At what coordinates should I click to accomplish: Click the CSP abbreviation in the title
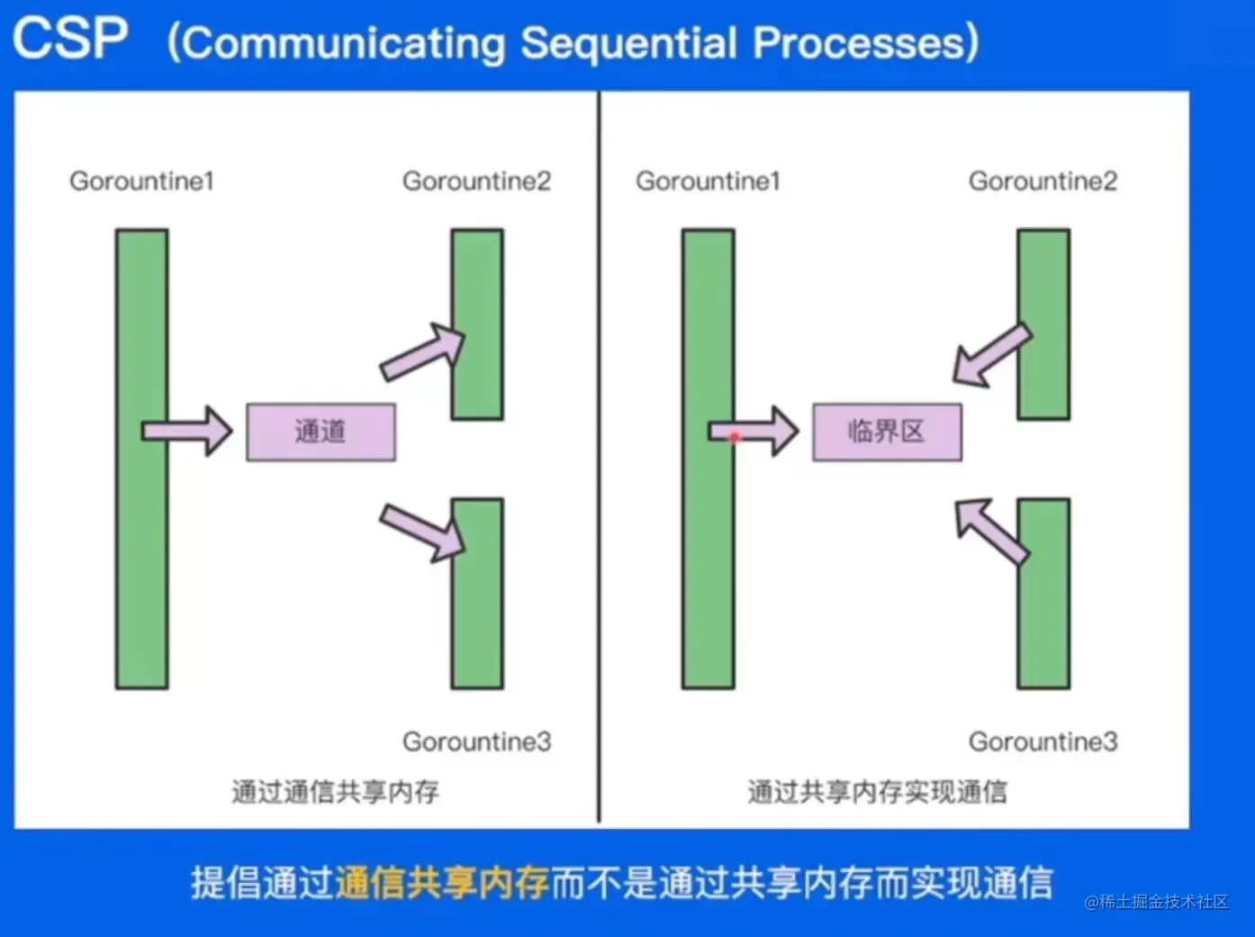(x=70, y=38)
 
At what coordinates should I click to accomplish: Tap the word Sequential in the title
(x=629, y=43)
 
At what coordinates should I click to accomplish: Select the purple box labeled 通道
(x=321, y=432)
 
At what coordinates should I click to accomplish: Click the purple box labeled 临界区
(x=888, y=432)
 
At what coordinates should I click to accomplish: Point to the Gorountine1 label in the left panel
(x=141, y=181)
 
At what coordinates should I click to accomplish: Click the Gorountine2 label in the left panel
(x=477, y=181)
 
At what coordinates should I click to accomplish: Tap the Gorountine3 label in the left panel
(x=477, y=741)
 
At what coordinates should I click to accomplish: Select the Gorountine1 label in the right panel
(x=708, y=181)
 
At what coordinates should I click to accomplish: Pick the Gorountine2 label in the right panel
(x=1043, y=181)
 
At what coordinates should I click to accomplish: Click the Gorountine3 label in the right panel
(x=1043, y=741)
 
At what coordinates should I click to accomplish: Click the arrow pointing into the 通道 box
(x=187, y=431)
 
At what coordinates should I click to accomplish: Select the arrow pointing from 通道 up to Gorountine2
(x=422, y=351)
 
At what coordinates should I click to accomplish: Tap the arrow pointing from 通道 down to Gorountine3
(x=422, y=532)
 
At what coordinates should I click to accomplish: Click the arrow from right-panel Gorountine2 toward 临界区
(x=992, y=356)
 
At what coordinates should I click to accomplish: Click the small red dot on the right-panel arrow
(x=736, y=438)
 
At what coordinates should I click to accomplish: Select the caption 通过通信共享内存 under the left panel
(x=335, y=792)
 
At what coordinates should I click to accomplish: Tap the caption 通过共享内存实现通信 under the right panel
(x=877, y=792)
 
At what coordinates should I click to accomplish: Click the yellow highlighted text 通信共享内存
(x=441, y=882)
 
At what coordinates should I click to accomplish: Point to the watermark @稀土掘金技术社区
(x=1157, y=902)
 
